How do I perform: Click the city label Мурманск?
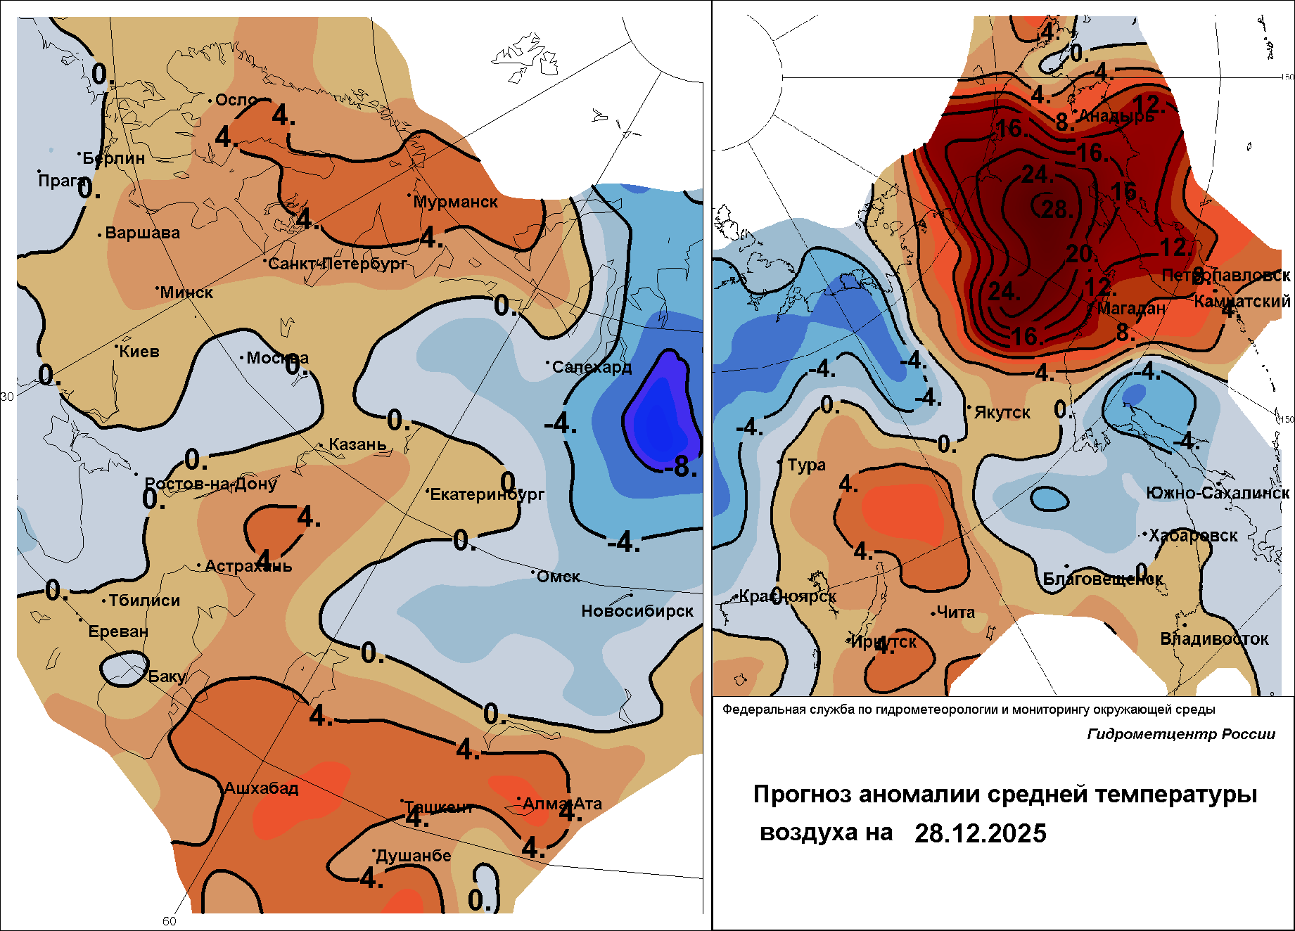pyautogui.click(x=455, y=202)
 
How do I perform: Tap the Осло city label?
pyautogui.click(x=236, y=100)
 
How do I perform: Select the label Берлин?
pyautogui.click(x=114, y=158)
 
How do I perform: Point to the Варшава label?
pyautogui.click(x=142, y=233)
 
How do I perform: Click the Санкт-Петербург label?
pyautogui.click(x=338, y=264)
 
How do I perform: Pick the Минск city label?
pyautogui.click(x=186, y=293)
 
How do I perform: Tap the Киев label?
pyautogui.click(x=139, y=352)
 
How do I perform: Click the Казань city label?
pyautogui.click(x=357, y=444)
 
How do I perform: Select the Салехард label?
pyautogui.click(x=592, y=367)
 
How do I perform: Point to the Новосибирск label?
pyautogui.click(x=637, y=611)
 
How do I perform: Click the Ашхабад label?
pyautogui.click(x=261, y=788)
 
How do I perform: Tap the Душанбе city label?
pyautogui.click(x=413, y=856)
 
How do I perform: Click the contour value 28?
pyautogui.click(x=1055, y=209)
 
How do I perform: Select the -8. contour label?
pyautogui.click(x=680, y=466)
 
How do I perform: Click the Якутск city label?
pyautogui.click(x=1002, y=413)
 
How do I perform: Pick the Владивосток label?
pyautogui.click(x=1214, y=639)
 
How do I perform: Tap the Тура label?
pyautogui.click(x=806, y=465)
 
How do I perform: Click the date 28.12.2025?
pyautogui.click(x=981, y=833)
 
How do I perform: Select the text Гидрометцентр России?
pyautogui.click(x=1181, y=734)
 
